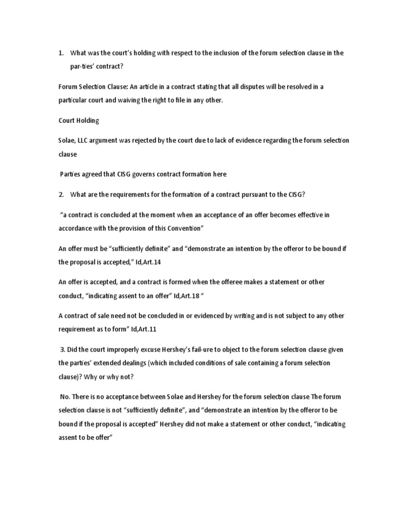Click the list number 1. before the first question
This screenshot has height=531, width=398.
pyautogui.click(x=61, y=53)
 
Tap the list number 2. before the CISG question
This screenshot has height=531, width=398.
pyautogui.click(x=61, y=194)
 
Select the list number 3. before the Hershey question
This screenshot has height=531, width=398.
pyautogui.click(x=63, y=350)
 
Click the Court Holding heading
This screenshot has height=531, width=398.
pyautogui.click(x=78, y=120)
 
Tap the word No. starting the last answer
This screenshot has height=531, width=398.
pyautogui.click(x=65, y=397)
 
